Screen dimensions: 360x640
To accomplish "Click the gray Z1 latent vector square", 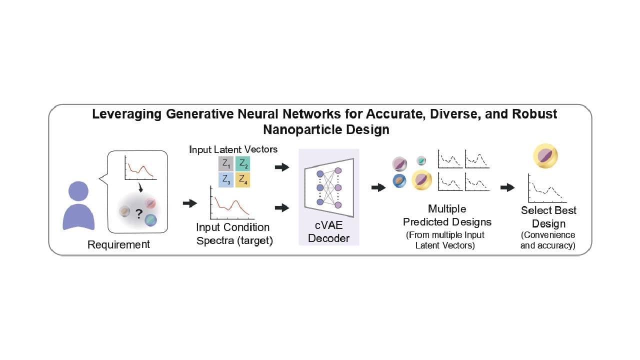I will click(226, 163).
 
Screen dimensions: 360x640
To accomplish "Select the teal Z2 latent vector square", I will click(242, 163).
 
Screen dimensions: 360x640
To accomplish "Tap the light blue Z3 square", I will click(226, 179).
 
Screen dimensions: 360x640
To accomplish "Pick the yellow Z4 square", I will click(242, 179).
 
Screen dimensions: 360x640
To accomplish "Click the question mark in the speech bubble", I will click(138, 213).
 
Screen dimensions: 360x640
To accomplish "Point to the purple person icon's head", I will click(79, 191).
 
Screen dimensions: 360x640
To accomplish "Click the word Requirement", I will click(118, 244).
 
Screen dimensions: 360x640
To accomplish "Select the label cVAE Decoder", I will click(328, 232).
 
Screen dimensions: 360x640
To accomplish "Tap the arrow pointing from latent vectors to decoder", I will click(282, 167).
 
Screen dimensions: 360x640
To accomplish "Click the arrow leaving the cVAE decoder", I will click(378, 187).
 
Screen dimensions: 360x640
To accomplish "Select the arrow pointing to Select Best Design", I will click(507, 187).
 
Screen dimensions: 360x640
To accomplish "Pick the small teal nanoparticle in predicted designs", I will click(421, 160).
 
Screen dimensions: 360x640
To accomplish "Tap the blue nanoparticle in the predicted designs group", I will click(399, 180).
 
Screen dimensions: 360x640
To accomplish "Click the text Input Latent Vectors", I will click(233, 149).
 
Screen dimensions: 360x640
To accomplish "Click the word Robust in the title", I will click(534, 113).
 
